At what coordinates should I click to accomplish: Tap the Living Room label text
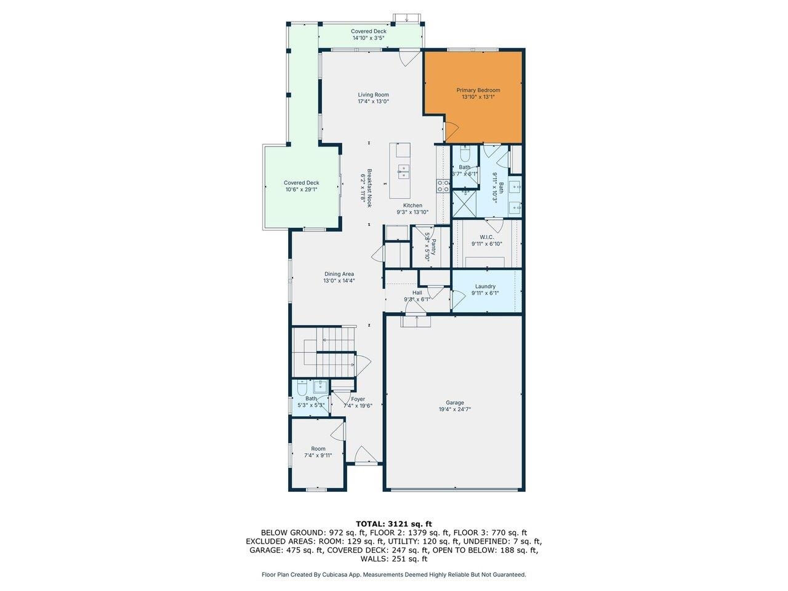coord(373,95)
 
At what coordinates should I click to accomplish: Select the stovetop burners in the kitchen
coord(442,186)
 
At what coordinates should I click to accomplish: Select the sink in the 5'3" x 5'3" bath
coord(320,387)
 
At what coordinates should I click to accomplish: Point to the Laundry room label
coord(485,286)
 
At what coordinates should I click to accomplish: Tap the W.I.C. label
coord(487,237)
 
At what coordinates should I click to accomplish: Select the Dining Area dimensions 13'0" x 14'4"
coord(339,281)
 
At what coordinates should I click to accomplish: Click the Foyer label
coord(358,399)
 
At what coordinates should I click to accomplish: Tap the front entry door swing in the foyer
coord(363,454)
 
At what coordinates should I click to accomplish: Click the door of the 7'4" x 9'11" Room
coord(337,428)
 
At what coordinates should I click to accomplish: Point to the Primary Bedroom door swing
coord(451,131)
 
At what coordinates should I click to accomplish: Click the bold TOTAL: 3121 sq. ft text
coord(393,523)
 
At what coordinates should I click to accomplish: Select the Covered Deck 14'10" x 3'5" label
coord(368,34)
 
